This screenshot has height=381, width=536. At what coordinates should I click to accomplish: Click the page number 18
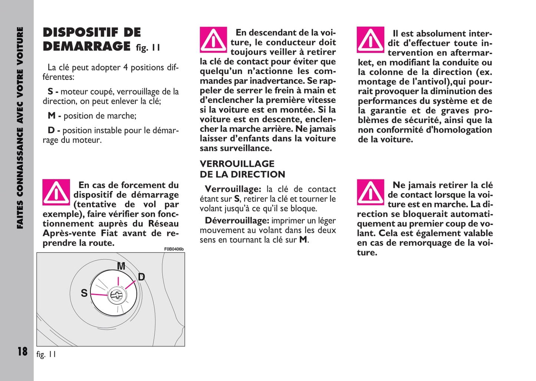coord(22,351)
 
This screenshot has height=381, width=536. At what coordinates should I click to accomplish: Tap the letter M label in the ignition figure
coord(121,266)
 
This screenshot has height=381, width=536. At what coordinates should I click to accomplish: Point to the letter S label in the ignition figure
coord(84,293)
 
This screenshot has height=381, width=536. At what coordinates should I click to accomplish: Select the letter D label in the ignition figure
coord(141,277)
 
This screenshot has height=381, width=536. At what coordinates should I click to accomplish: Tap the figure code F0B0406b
coord(174,249)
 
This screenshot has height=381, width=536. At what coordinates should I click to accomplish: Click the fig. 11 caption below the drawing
coord(46,354)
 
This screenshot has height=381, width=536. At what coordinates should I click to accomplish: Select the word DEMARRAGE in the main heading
coord(86,46)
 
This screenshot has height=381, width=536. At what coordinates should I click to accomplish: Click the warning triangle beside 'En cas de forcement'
coord(56,192)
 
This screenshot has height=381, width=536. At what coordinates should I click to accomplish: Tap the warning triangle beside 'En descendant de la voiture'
coord(213,40)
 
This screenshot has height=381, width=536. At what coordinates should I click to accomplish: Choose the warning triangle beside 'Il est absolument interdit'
coord(370,40)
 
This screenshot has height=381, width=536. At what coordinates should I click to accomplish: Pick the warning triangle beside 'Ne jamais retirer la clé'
coord(370,192)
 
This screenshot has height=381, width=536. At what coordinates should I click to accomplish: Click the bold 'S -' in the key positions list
coord(53,92)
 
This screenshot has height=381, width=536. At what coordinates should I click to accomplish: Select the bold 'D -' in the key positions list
coord(53,130)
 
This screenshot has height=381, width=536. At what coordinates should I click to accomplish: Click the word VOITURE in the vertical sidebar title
coord(20,44)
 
